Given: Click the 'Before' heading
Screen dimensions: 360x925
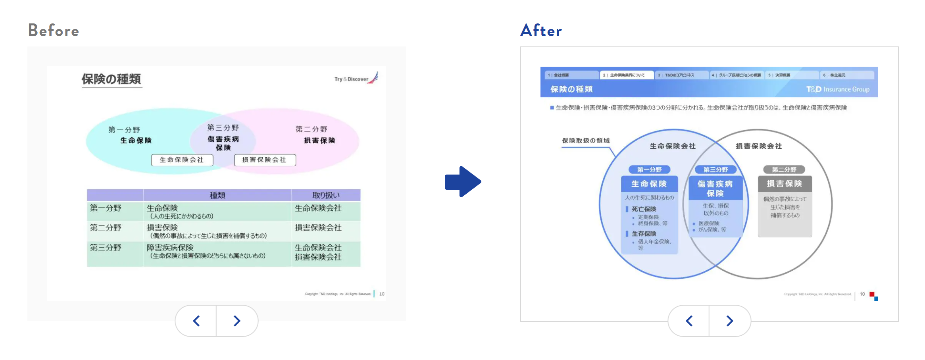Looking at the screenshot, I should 54,31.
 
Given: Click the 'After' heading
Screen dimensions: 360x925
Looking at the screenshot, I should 541,31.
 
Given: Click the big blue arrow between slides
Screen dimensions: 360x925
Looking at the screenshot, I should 463,182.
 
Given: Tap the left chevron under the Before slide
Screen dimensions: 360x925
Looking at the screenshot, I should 196,321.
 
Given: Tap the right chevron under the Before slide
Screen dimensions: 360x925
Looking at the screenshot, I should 237,321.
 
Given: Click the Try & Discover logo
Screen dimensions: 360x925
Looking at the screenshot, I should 356,78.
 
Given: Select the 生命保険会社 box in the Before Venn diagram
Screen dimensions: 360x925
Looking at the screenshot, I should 182,160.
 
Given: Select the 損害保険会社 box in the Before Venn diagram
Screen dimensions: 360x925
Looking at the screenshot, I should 264,160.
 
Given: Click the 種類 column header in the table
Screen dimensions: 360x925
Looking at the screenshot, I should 217,195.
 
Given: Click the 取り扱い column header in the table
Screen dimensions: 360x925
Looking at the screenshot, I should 326,195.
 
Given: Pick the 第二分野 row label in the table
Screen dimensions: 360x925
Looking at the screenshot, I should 106,227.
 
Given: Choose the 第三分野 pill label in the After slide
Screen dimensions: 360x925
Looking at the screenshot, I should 715,169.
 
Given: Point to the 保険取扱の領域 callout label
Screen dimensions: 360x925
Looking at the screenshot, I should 586,141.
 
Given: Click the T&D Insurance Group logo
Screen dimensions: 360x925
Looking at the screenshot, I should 838,89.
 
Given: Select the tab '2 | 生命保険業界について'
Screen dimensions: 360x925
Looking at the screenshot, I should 627,75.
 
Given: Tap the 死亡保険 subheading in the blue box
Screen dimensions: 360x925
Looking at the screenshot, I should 644,209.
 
